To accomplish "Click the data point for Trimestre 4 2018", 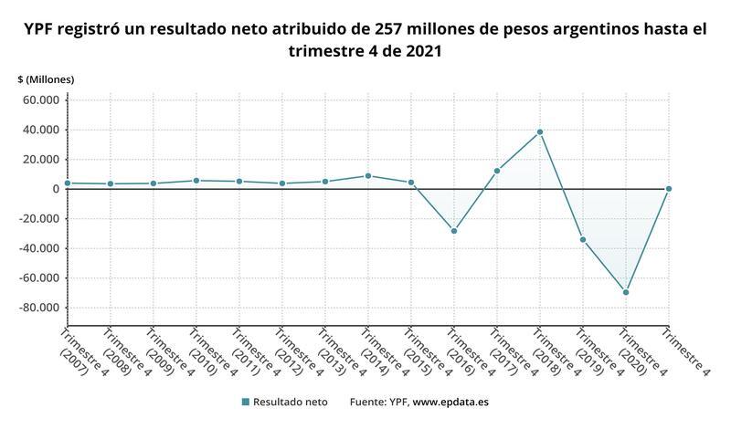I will coord(540,131).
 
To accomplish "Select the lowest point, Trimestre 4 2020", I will coord(626,292).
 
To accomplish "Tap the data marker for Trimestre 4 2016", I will coord(454,231).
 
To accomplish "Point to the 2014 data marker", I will coord(368,175).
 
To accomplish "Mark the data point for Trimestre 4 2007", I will coord(68,183).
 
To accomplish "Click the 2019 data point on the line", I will coord(583,240).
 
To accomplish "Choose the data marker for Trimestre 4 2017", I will coord(497,171).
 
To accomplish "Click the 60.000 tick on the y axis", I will coord(40,100).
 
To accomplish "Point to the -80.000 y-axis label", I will coord(37,308).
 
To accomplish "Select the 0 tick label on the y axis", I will coord(56,189).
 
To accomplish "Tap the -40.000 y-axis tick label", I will coord(37,248).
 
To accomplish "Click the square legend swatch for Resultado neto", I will coord(245,402).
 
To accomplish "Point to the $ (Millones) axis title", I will coord(46,79).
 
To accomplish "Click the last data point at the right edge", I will coord(669,189).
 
